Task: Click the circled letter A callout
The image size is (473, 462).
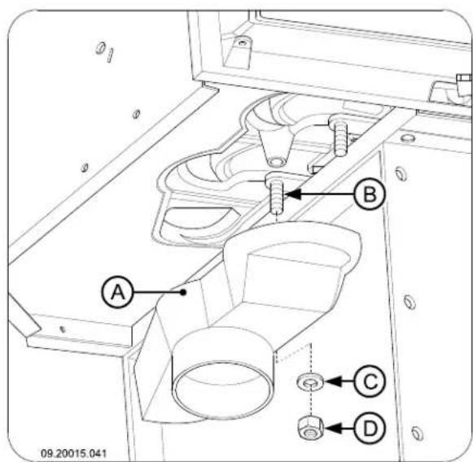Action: [117, 292]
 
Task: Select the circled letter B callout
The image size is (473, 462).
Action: [370, 194]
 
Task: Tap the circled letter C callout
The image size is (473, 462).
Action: [370, 381]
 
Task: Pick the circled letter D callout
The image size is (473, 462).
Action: [370, 429]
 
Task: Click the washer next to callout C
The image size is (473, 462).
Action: [310, 382]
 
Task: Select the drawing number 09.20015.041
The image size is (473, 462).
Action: [73, 453]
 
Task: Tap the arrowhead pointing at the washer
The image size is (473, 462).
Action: [333, 381]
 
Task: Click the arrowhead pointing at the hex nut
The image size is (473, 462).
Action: [333, 429]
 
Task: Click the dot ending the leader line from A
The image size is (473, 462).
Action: [183, 292]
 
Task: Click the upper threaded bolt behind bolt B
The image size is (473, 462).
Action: [340, 136]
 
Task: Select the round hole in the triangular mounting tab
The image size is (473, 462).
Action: [277, 162]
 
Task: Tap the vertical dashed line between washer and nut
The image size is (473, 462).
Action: [311, 403]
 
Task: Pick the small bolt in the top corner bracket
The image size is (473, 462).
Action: [242, 43]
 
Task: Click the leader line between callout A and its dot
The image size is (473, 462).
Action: [157, 292]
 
